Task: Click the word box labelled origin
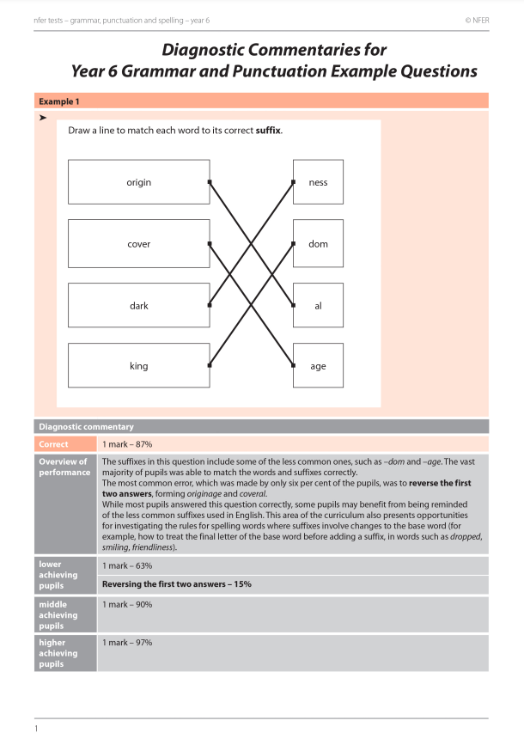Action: [x=138, y=182]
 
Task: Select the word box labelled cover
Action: [x=138, y=244]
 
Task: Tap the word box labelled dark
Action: [x=138, y=305]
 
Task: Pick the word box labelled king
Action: [x=138, y=366]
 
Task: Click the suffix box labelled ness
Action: [x=318, y=182]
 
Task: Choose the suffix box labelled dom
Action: [x=318, y=244]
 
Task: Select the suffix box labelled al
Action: [x=318, y=305]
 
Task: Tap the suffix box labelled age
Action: [x=318, y=366]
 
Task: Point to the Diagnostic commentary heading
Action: [x=86, y=426]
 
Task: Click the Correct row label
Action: [x=54, y=444]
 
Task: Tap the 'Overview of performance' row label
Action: [x=64, y=467]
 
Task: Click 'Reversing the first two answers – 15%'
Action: [x=176, y=584]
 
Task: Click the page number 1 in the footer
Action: [x=37, y=729]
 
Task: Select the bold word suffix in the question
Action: [x=268, y=131]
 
